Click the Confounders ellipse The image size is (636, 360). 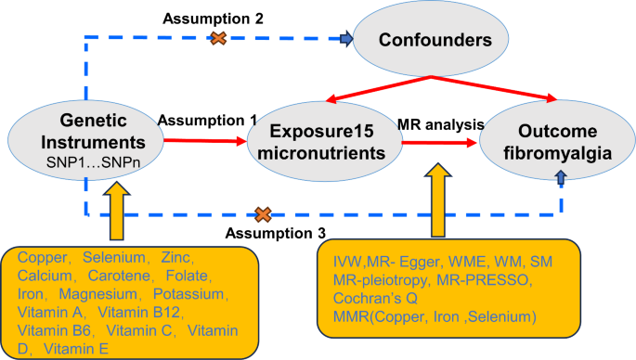point(435,40)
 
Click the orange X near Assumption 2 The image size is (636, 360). point(218,38)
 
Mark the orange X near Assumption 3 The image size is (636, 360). point(263,214)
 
